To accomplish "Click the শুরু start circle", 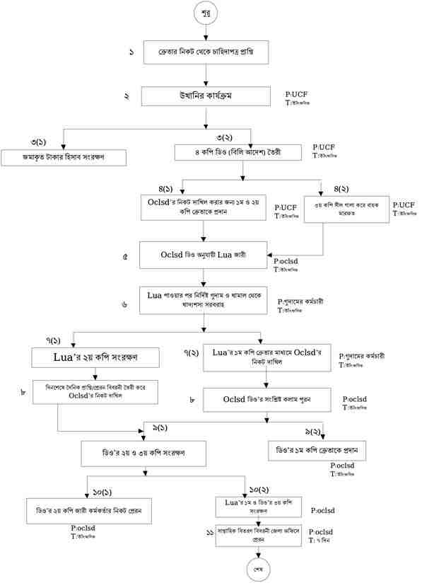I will (206, 13).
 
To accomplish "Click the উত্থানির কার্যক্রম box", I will (206, 96).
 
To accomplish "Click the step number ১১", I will (209, 532).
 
